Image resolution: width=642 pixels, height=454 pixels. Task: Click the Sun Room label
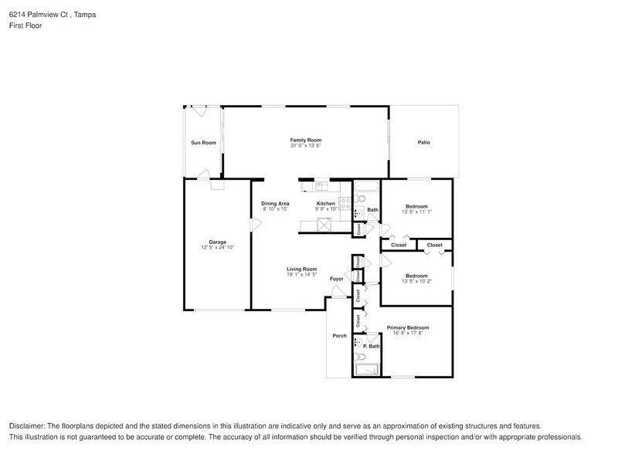coord(203,143)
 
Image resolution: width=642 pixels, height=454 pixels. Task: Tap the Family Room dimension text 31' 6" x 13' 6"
coord(305,146)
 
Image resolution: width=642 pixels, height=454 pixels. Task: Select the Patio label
coord(423,143)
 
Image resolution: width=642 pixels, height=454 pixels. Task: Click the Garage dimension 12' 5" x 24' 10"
coord(217,247)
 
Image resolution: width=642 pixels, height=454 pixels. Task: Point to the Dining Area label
coord(275,203)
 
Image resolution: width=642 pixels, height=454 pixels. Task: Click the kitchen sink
coord(321,185)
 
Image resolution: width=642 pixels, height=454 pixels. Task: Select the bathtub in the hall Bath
coord(366,185)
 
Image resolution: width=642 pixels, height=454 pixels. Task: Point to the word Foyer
coord(336,279)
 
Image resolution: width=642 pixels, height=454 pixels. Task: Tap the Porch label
coord(339,336)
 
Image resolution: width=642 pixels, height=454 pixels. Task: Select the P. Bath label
coord(371,346)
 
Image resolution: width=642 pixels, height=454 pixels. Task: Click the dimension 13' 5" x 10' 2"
coord(416,282)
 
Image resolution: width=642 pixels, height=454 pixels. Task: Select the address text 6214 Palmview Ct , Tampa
coord(53,15)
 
